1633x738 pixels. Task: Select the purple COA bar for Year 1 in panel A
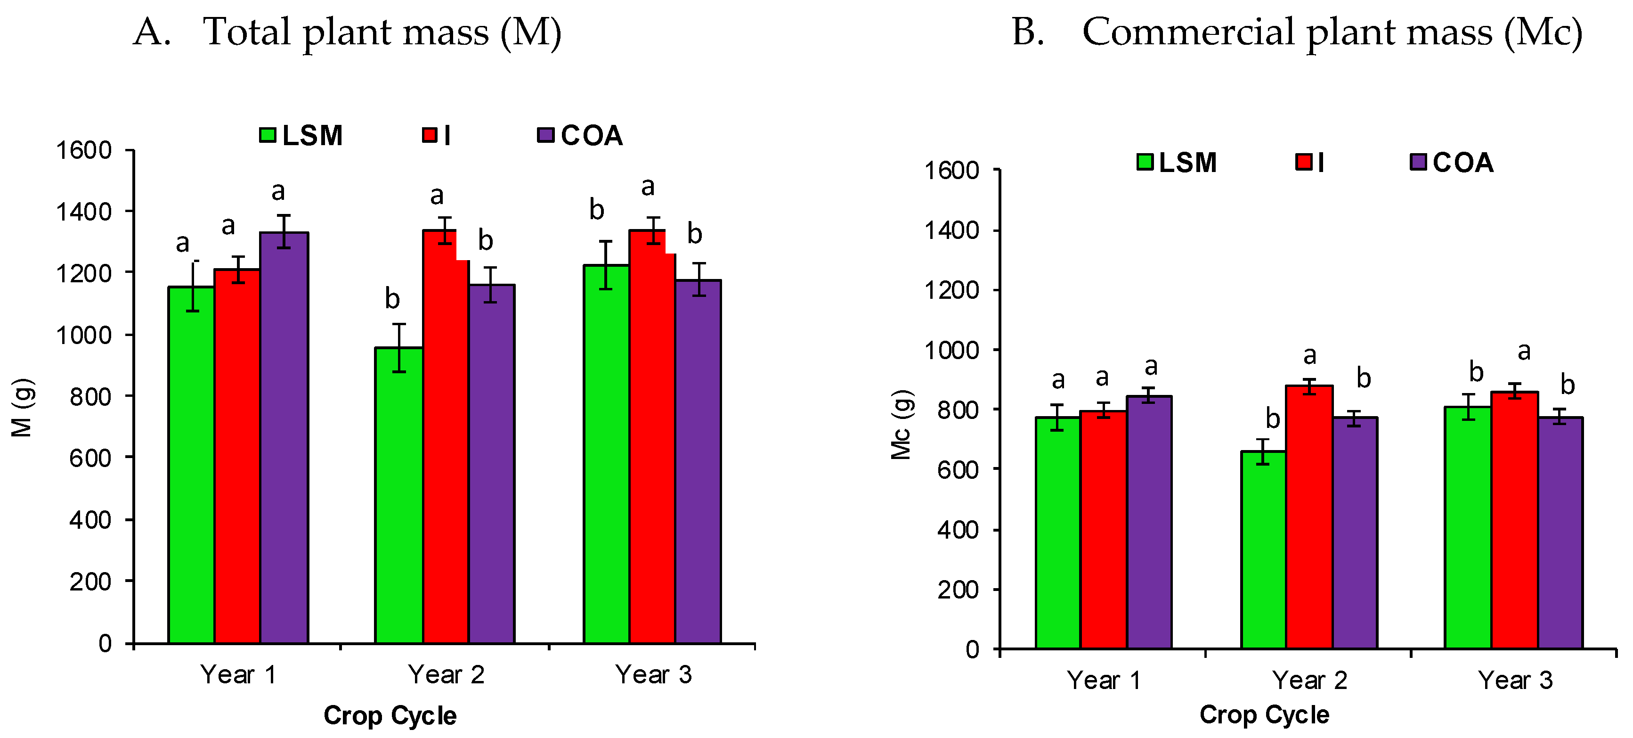284,437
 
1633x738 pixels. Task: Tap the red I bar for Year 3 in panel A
652,437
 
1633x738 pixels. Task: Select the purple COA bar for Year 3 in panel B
1560,533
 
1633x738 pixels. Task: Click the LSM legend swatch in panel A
268,135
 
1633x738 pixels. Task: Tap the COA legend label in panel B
1463,163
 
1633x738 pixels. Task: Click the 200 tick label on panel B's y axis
957,590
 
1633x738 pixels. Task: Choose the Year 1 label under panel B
1104,681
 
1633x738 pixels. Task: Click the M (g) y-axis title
22,408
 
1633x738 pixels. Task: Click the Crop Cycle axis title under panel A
390,715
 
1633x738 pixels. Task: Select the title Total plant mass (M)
382,32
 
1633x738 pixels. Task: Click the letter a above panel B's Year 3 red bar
1524,351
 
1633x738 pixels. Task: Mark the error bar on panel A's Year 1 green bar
193,286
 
